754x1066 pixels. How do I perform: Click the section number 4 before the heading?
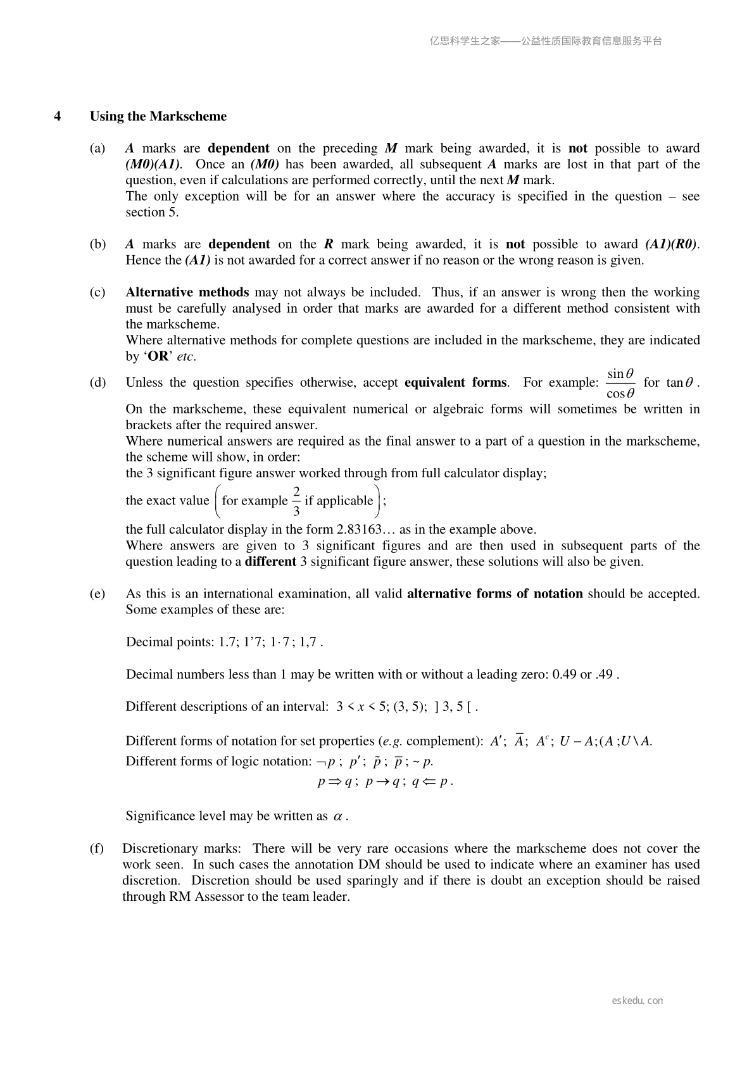(58, 116)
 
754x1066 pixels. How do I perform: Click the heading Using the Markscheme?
(158, 116)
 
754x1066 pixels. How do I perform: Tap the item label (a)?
(97, 149)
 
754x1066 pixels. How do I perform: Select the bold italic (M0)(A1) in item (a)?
(153, 165)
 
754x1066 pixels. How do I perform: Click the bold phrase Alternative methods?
(187, 292)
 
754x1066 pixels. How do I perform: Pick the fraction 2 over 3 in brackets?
(296, 501)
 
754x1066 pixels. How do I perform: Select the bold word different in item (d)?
(270, 561)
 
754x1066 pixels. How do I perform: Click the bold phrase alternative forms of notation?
(494, 594)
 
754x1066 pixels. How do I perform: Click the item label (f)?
(97, 849)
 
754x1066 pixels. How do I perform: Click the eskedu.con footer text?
(638, 1001)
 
